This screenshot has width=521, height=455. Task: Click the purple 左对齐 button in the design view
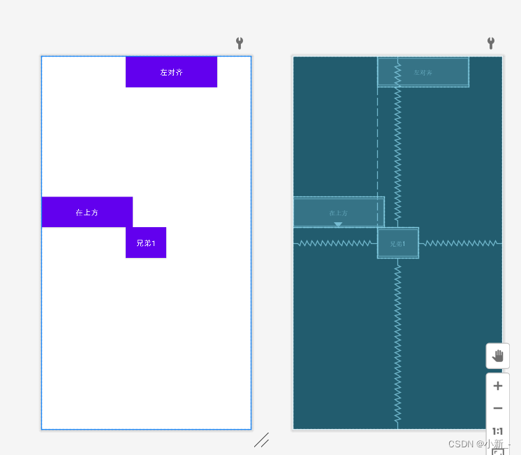171,72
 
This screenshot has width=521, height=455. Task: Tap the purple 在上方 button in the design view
87,212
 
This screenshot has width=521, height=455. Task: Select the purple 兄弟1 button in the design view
146,243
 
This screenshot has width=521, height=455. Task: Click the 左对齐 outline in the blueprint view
423,72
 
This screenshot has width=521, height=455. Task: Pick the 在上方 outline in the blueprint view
338,212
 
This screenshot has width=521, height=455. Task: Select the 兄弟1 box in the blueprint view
397,243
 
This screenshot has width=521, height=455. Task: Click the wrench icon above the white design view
240,43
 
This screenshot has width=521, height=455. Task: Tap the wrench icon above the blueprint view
490,43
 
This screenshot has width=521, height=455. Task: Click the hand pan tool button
497,356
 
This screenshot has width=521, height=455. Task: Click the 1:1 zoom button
497,431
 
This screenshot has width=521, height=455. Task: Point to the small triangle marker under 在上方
338,224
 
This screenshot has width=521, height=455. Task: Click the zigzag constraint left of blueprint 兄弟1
335,243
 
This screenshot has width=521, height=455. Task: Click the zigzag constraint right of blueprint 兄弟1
460,243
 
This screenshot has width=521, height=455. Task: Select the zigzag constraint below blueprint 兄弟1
397,342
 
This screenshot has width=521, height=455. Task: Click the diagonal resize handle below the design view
261,440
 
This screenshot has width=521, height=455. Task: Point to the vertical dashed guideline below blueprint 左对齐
378,140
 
